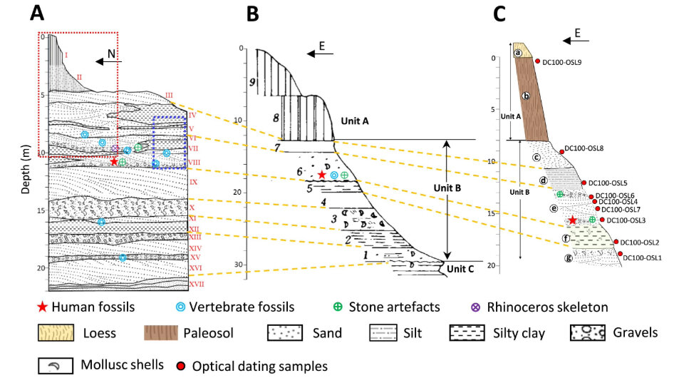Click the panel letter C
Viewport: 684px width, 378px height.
coord(499,14)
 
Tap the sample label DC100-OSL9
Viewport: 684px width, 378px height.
coord(562,62)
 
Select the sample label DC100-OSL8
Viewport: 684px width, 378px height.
coord(584,148)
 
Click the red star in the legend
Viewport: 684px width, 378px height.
coord(46,307)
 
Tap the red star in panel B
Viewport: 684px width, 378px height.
coord(322,175)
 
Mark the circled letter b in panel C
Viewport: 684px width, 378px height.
coord(526,96)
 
